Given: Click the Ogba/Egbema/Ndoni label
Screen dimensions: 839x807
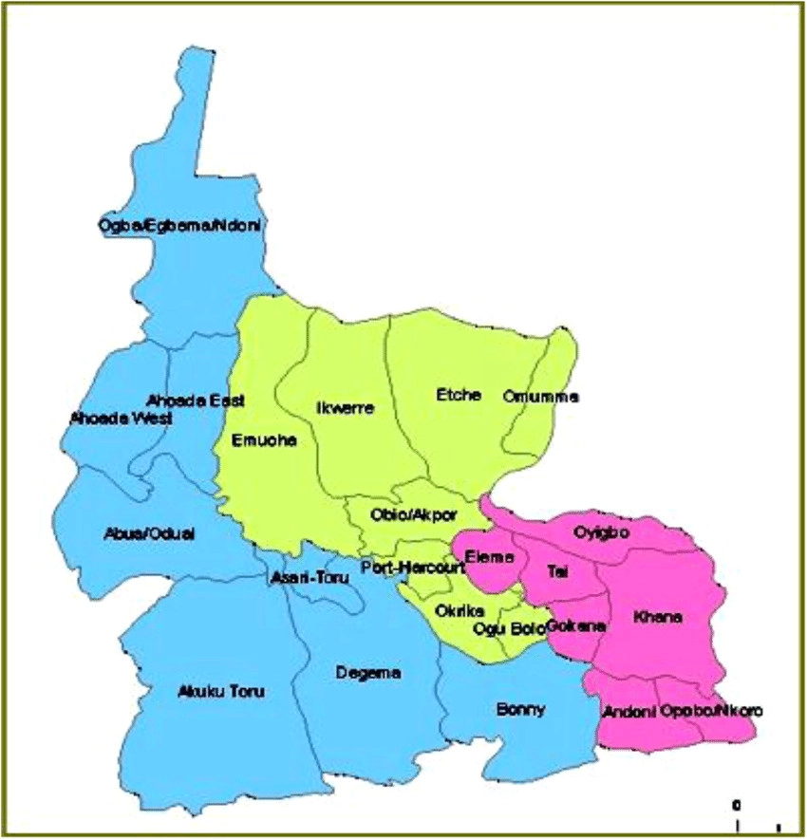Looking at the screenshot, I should coord(179,226).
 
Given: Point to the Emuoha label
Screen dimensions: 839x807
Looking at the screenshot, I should coord(264,440).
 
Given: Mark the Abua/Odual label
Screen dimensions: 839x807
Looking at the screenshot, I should coord(148,533).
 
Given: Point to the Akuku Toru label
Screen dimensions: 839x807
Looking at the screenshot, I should coord(220,691).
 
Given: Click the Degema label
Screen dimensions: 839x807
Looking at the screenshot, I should coord(368,673).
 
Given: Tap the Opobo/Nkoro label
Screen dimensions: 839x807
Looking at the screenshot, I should coord(711,710).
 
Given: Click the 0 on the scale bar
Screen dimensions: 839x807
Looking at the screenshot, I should coord(737,805).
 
